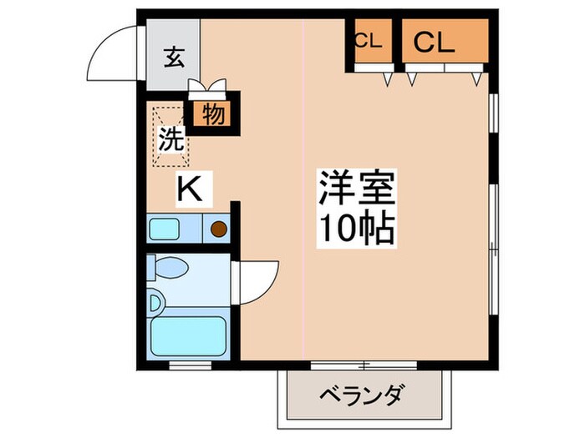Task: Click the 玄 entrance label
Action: [x=173, y=58]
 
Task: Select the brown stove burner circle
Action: [x=218, y=228]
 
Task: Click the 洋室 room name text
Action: [x=355, y=188]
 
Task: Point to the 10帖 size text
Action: [x=355, y=227]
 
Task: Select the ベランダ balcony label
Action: [x=364, y=395]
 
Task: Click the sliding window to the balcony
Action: [x=364, y=365]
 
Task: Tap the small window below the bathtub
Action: [x=190, y=365]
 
